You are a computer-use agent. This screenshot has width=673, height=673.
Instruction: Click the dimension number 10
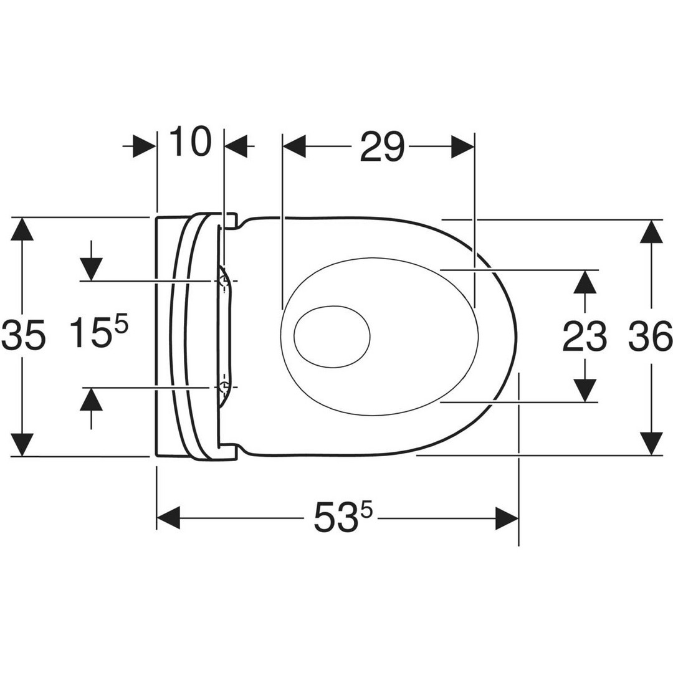pos(191,141)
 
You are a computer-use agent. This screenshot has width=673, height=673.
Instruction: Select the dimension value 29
pos(382,146)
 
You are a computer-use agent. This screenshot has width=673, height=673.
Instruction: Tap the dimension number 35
pos(23,335)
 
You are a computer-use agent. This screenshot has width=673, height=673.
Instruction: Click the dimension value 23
pos(585,336)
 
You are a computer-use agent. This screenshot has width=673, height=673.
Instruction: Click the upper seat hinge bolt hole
pos(224,281)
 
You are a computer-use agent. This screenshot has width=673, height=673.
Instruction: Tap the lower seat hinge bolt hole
pos(224,387)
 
